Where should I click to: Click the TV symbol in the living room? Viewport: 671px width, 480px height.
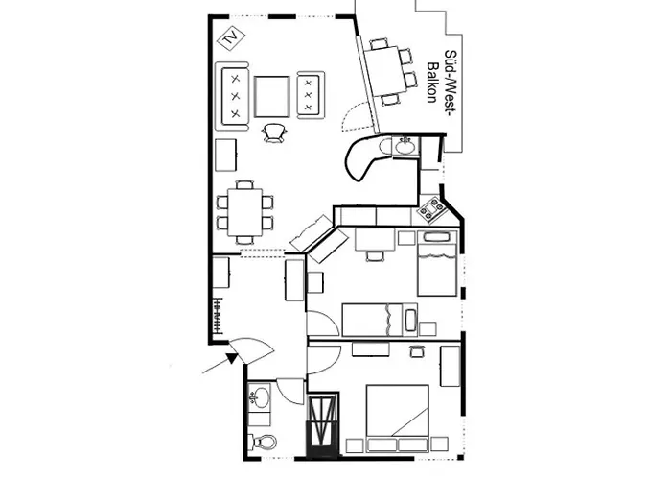pyautogui.click(x=232, y=38)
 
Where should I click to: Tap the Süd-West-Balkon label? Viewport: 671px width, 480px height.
pyautogui.click(x=446, y=83)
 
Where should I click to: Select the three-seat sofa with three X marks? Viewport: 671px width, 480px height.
pyautogui.click(x=233, y=95)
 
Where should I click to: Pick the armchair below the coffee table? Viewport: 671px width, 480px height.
pyautogui.click(x=275, y=132)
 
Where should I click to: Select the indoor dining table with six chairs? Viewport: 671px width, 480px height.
pyautogui.click(x=244, y=210)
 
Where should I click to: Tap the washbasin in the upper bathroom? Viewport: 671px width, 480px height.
pyautogui.click(x=404, y=147)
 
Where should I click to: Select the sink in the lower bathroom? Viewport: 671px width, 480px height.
pyautogui.click(x=259, y=397)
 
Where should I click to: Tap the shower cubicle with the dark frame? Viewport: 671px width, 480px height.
pyautogui.click(x=323, y=422)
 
